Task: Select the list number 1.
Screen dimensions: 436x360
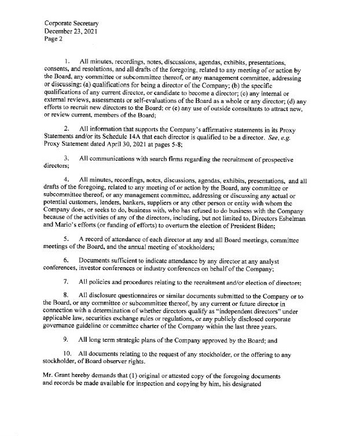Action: click(67, 61)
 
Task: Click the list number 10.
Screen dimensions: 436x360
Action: click(68, 352)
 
